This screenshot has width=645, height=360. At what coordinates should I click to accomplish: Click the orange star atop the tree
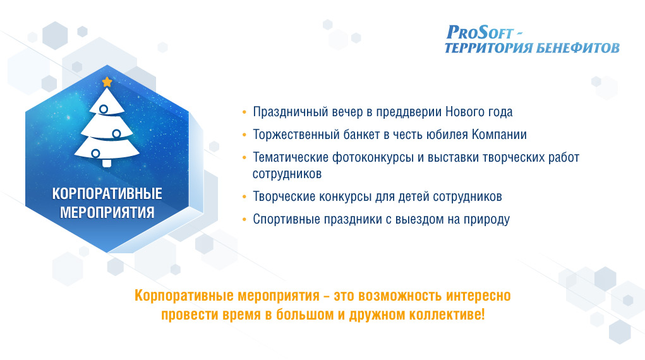(107, 82)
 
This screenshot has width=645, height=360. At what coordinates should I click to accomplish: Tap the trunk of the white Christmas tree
(107, 163)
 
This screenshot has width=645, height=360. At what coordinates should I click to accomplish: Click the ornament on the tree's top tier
(104, 109)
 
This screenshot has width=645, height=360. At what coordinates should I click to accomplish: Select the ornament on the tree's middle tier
(116, 134)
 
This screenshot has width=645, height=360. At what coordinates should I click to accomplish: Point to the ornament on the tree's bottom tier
(95, 153)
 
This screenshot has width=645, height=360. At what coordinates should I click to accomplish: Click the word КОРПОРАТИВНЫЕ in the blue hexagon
(107, 194)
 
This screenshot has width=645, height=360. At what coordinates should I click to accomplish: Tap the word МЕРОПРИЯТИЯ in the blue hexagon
(107, 213)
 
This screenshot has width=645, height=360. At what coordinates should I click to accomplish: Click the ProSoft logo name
(480, 32)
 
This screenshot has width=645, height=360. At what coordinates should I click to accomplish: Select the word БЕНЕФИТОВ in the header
(577, 48)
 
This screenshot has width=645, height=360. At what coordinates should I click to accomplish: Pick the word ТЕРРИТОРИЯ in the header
(488, 48)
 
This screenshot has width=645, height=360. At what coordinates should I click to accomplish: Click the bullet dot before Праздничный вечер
(244, 112)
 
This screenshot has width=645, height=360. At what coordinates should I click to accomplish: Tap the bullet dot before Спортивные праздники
(244, 219)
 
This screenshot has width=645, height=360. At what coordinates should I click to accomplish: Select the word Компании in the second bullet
(499, 135)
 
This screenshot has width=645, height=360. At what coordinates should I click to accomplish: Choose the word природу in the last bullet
(486, 220)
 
